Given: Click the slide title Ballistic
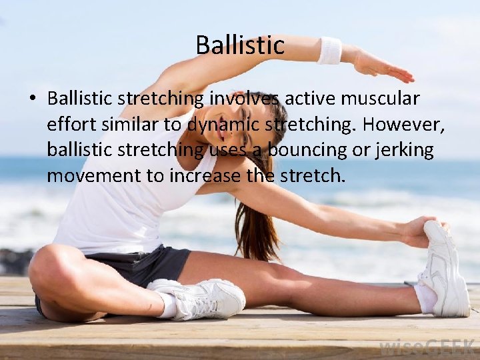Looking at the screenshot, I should [240, 45].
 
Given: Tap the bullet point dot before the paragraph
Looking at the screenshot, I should [32, 99].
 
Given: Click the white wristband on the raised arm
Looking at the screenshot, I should [329, 51].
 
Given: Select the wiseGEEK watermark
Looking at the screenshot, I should [426, 347].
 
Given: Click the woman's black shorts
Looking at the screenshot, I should [150, 263].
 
